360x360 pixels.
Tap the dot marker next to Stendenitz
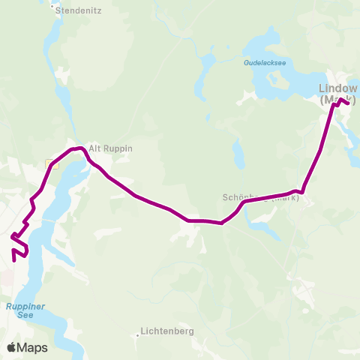pyautogui.click(x=52, y=8)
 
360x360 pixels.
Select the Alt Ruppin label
pyautogui.click(x=110, y=148)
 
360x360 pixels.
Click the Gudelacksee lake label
pyautogui.click(x=265, y=64)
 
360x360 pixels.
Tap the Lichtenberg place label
pyautogui.click(x=167, y=331)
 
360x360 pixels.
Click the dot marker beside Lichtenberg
pyautogui.click(x=136, y=335)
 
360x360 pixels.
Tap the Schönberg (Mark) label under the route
pyautogui.click(x=260, y=198)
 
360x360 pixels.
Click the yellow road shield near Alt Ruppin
pyautogui.click(x=50, y=163)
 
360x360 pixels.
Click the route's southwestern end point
pyautogui.click(x=15, y=261)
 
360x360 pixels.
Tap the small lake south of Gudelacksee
pyautogui.click(x=238, y=154)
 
